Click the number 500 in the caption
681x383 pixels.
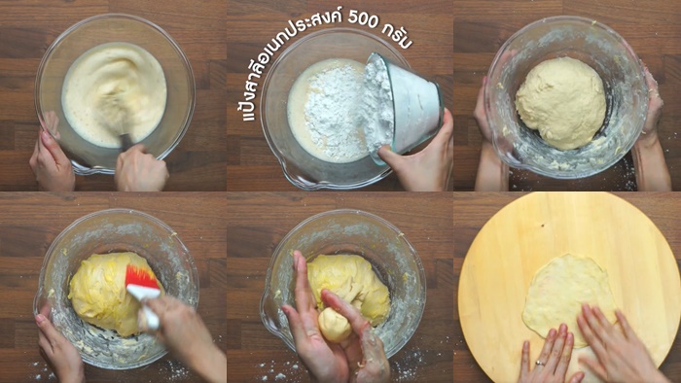[x=363, y=19]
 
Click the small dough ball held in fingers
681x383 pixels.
[x=335, y=325]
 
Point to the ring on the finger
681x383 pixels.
[x=539, y=363]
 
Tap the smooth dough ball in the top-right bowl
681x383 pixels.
[x=560, y=103]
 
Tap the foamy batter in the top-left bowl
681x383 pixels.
[x=114, y=93]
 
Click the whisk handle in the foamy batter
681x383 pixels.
[x=126, y=141]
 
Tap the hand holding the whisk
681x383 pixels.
[x=141, y=168]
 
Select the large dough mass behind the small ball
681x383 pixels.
[x=348, y=287]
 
